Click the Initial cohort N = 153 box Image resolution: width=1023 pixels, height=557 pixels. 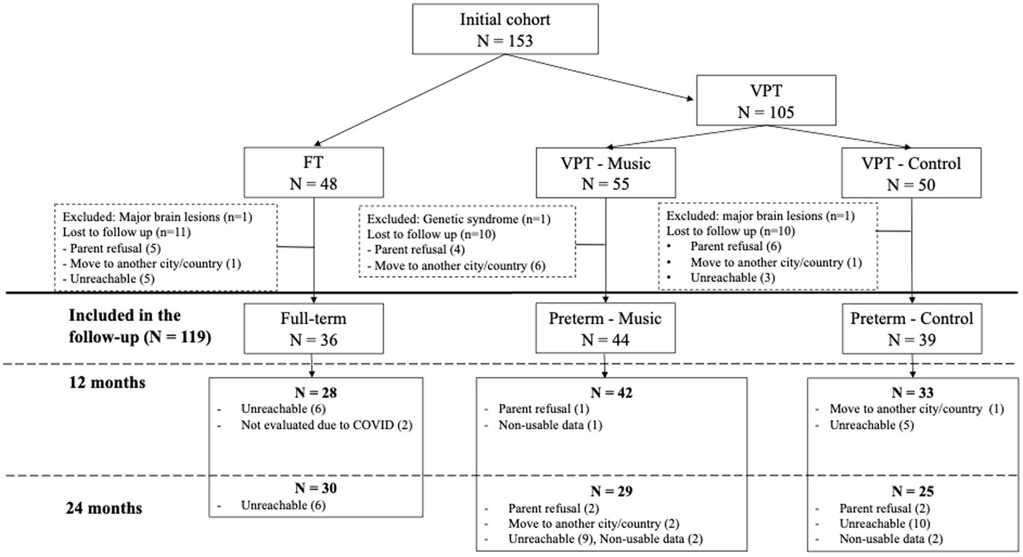tap(505, 29)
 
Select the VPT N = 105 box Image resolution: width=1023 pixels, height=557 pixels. tap(766, 100)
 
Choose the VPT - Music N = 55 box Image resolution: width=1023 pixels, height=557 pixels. tap(605, 173)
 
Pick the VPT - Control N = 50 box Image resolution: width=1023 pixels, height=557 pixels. tap(911, 173)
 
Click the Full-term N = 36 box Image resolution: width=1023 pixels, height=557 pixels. tap(313, 328)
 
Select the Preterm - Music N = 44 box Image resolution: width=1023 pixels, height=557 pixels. tap(605, 328)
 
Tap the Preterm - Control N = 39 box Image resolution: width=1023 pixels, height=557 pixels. tap(911, 328)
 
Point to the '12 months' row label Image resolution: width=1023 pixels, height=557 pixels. tap(107, 383)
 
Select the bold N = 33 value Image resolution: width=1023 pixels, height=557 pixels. tap(912, 392)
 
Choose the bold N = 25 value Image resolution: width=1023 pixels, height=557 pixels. tap(912, 492)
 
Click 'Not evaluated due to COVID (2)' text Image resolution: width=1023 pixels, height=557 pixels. tap(327, 425)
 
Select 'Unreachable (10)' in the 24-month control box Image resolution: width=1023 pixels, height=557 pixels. tap(884, 524)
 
